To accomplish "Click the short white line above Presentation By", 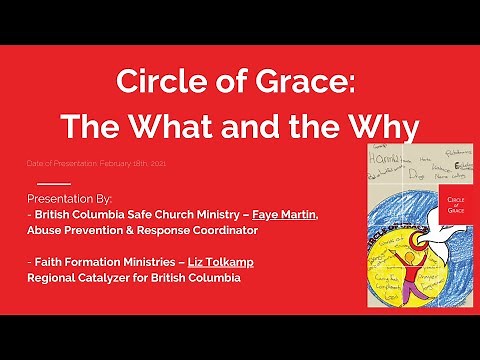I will pyautogui.click(x=54, y=184).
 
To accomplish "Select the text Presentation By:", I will pyautogui.click(x=77, y=198).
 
